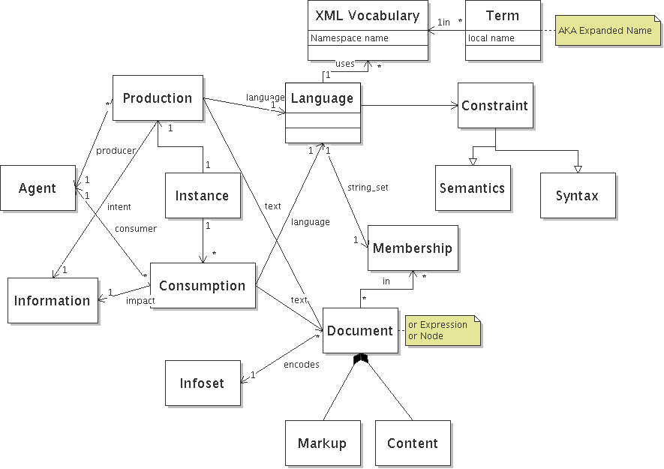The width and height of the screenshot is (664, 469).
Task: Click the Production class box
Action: click(158, 98)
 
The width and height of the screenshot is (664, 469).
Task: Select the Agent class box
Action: click(38, 188)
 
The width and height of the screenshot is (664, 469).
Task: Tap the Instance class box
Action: click(202, 196)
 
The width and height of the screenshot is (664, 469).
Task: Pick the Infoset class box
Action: click(202, 383)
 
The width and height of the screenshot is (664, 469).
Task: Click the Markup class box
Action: click(322, 443)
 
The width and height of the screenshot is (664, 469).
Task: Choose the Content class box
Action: click(412, 443)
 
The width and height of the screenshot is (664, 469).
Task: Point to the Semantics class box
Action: click(472, 188)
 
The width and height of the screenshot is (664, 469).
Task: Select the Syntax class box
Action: click(577, 196)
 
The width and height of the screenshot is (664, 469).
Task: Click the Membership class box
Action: click(412, 248)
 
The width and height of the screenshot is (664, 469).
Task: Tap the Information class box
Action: click(53, 300)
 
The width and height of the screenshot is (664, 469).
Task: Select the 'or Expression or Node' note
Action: click(441, 330)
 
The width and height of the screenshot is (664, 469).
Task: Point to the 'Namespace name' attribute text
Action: click(349, 38)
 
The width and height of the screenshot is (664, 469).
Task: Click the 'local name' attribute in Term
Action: click(491, 38)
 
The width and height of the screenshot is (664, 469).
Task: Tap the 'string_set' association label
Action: click(368, 186)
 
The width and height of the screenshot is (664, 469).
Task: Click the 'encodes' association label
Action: click(301, 364)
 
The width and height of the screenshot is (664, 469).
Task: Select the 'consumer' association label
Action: click(135, 228)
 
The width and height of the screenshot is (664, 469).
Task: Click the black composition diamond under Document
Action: click(360, 358)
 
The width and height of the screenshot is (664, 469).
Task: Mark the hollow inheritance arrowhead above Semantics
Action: click(472, 161)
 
